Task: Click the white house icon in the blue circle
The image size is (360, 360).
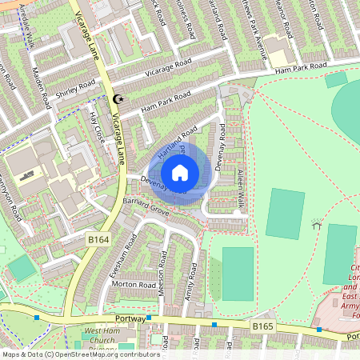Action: point(180,172)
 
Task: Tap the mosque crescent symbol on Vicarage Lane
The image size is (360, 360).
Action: point(121,99)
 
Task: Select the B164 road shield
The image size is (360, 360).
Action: point(98,238)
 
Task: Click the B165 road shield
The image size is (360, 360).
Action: point(264,326)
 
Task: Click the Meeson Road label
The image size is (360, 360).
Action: point(162,276)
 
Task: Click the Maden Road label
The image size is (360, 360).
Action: point(39,88)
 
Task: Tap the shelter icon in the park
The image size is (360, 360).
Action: point(316,226)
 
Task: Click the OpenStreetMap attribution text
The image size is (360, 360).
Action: point(80,354)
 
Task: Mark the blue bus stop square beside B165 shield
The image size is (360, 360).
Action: point(215,325)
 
